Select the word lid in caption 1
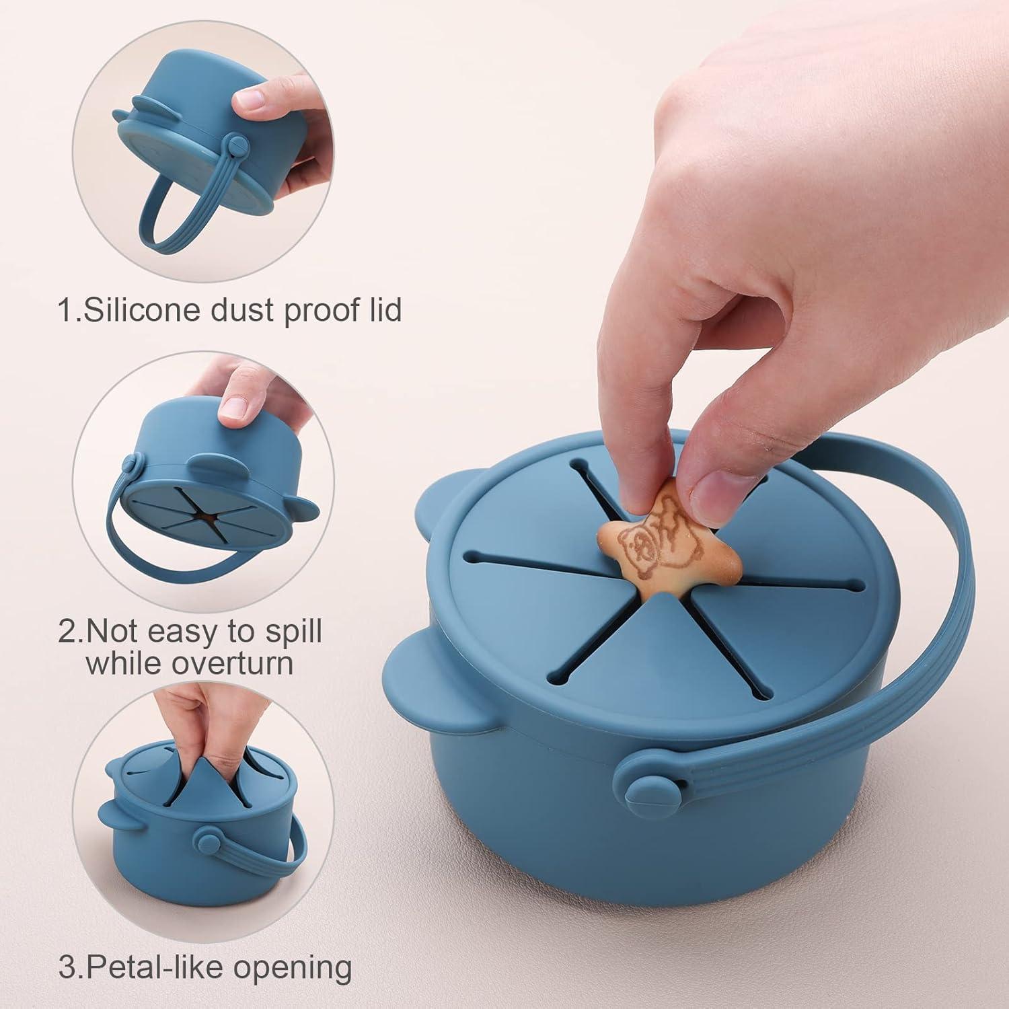[380, 310]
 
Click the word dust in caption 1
[241, 310]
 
